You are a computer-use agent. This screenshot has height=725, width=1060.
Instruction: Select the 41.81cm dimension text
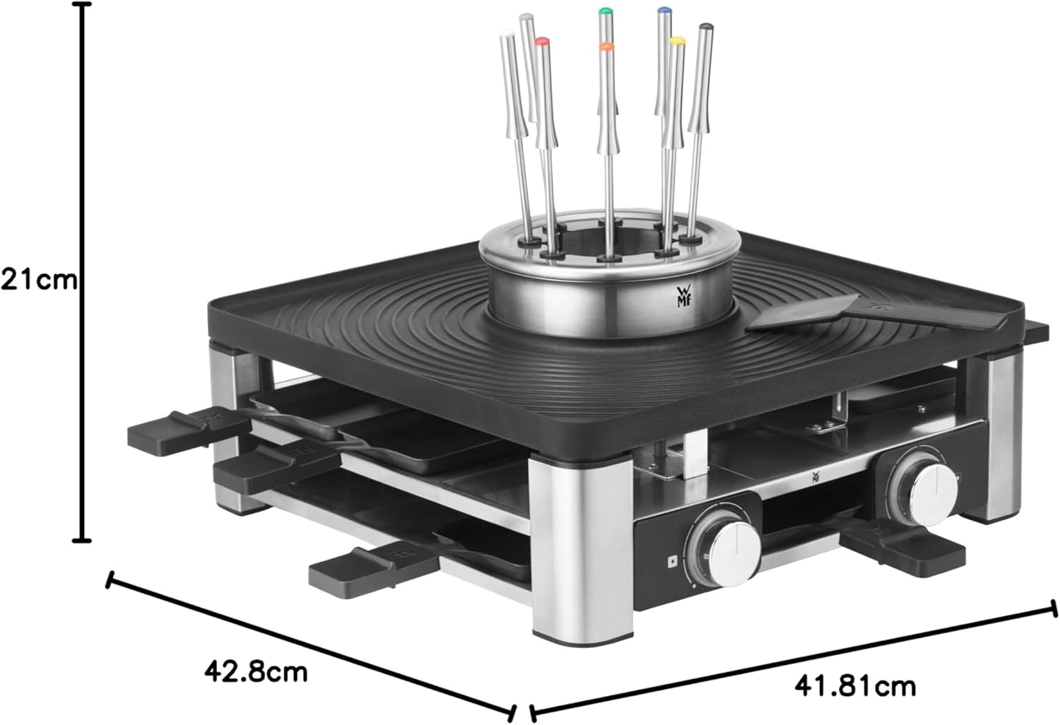[x=854, y=685]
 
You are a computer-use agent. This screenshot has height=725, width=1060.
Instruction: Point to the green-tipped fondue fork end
[x=603, y=12]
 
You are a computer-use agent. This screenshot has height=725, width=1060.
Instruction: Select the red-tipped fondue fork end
[x=541, y=42]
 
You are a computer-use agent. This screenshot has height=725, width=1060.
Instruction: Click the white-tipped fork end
[x=506, y=33]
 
